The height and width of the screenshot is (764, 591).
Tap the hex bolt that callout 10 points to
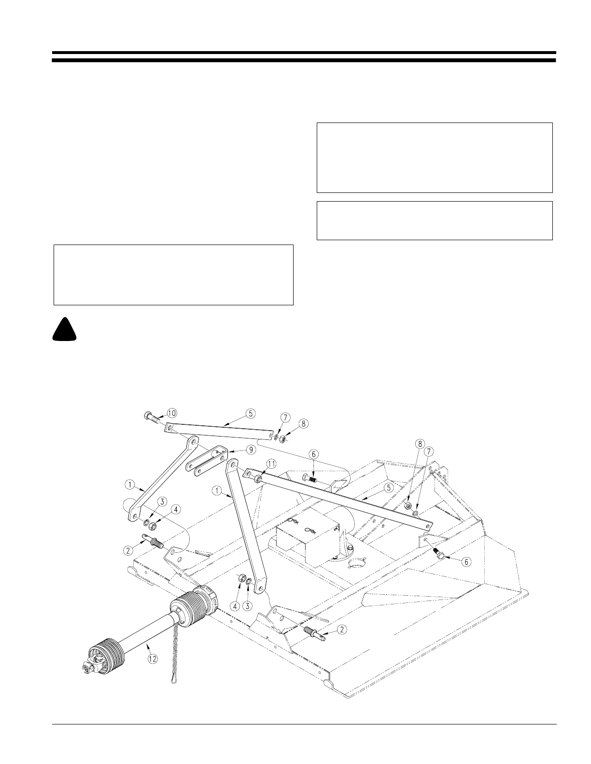pyautogui.click(x=151, y=418)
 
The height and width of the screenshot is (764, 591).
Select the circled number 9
pyautogui.click(x=250, y=450)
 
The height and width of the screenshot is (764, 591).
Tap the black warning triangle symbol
pyautogui.click(x=65, y=330)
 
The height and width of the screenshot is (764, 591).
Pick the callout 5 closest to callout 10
pyautogui.click(x=250, y=413)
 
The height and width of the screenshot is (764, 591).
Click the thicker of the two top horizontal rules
pyautogui.click(x=304, y=61)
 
